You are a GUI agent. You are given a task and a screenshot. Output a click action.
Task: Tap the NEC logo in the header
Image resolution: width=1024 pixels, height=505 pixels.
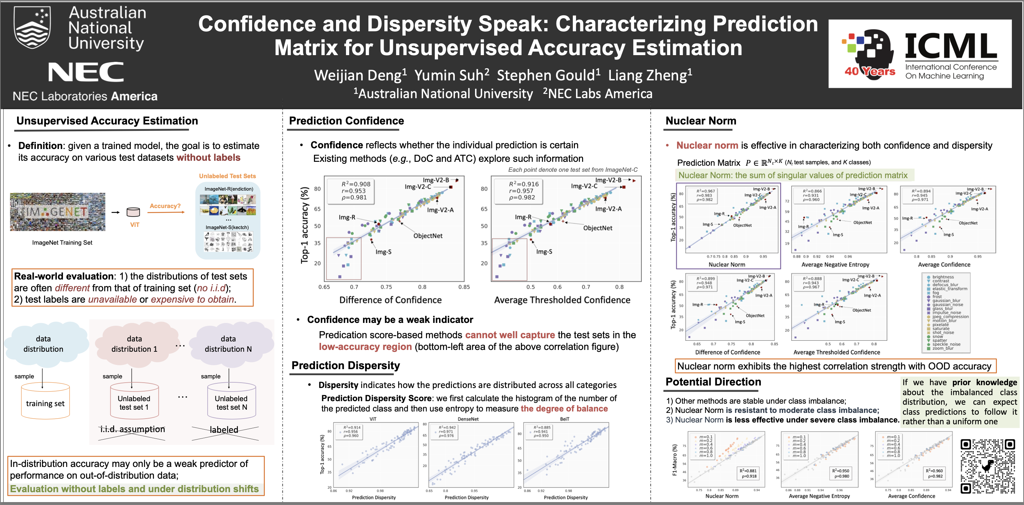(85, 72)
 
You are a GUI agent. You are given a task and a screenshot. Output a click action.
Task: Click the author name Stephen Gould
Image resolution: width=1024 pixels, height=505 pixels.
(548, 75)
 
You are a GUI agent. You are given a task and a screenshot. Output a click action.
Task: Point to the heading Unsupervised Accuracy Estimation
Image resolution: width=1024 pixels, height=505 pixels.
(107, 121)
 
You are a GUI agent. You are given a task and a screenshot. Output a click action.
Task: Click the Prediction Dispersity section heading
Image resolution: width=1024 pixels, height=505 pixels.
(346, 366)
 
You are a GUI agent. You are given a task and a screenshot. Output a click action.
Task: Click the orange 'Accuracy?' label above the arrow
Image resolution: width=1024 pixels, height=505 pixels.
(165, 206)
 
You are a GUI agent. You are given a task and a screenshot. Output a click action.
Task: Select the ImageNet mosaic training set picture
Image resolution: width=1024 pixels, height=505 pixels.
(58, 212)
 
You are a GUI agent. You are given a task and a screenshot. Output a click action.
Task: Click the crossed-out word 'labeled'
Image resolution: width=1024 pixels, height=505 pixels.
(224, 430)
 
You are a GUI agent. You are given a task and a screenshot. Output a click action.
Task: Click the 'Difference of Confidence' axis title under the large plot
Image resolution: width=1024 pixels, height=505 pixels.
(390, 300)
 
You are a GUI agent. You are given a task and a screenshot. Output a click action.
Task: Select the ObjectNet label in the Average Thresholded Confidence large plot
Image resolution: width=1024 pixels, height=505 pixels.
(597, 228)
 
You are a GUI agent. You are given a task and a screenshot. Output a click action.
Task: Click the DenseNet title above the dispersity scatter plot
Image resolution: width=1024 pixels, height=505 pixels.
(468, 419)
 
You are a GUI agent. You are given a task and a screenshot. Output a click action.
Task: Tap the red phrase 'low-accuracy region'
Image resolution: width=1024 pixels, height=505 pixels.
(365, 347)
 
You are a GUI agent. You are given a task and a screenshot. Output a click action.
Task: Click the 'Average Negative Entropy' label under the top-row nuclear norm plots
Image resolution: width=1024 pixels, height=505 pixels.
(835, 265)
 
